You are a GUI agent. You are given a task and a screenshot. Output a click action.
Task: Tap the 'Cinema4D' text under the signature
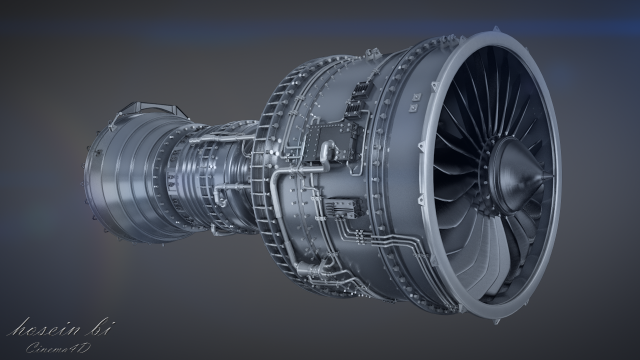(52, 345)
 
